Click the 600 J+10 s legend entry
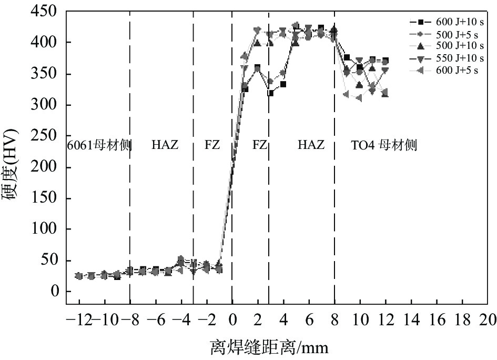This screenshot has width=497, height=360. coord(455,22)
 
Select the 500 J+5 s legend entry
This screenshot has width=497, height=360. coord(455,34)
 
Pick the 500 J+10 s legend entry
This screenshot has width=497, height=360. coord(455,46)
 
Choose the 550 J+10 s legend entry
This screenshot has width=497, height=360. coord(455,58)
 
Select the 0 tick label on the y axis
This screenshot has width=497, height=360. coord(55,292)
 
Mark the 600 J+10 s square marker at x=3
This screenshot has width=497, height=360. coord(271,93)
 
